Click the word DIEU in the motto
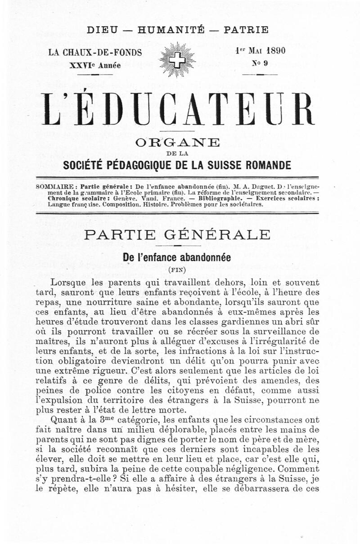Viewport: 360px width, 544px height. point(103,31)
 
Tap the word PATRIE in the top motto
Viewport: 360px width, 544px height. point(246,31)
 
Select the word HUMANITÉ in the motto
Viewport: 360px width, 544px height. point(171,31)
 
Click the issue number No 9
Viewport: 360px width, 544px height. point(260,63)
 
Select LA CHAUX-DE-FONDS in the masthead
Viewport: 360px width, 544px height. point(95,52)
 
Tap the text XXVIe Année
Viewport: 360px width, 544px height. point(95,65)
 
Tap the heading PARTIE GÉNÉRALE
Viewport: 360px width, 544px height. point(177,235)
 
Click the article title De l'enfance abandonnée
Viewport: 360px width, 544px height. point(177,258)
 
